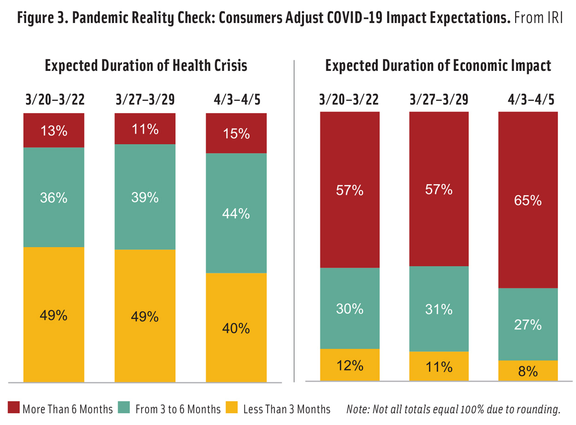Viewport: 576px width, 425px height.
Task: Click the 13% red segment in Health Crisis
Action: pos(53,130)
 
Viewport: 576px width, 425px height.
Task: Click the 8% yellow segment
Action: pos(528,371)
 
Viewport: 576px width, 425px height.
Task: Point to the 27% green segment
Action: pos(528,324)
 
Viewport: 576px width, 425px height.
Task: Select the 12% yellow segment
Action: pos(350,365)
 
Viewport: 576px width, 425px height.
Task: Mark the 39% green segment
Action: pos(145,197)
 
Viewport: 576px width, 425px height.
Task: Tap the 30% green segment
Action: pos(350,308)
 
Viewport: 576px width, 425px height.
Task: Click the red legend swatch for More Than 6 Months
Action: pos(13,408)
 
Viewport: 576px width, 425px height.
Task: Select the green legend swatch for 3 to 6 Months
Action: pos(124,408)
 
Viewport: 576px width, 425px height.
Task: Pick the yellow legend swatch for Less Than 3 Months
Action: pos(232,408)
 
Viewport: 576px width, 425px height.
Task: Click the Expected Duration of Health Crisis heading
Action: pos(146,66)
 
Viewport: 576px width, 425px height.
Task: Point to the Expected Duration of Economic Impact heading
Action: pos(438,66)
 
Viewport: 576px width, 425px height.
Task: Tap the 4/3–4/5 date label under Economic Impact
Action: pos(528,99)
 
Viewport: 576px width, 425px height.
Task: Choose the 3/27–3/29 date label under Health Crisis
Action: pos(145,99)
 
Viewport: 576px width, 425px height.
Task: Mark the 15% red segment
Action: pos(236,133)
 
